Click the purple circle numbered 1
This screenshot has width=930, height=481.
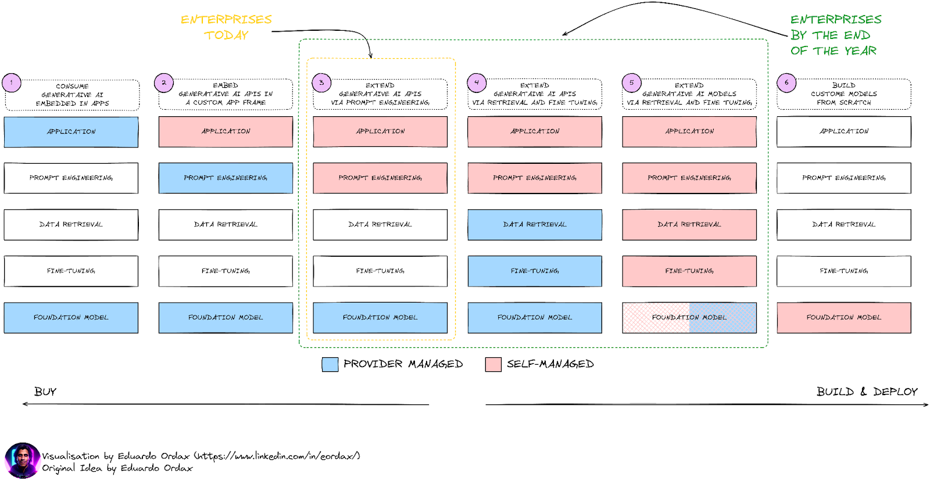pos(11,82)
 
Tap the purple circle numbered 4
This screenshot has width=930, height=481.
pos(477,82)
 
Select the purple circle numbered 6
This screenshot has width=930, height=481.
pos(786,82)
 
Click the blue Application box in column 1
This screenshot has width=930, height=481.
pos(71,132)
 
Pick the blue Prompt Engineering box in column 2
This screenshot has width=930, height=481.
pos(226,178)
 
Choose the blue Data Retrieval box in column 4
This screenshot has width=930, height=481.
pos(535,224)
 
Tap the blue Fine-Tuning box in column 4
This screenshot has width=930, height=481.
pos(535,271)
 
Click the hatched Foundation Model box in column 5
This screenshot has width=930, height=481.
pos(689,318)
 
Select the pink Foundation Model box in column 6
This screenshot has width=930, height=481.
pos(843,318)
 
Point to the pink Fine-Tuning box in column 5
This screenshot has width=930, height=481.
pos(689,271)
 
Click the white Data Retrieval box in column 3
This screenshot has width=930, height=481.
pos(380,224)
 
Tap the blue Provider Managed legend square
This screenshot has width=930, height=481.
pos(330,364)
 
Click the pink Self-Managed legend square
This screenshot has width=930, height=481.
pos(493,364)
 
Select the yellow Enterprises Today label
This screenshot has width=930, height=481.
pos(226,27)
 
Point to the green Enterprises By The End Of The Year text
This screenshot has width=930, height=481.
pos(835,35)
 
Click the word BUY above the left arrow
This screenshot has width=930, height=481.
pos(45,392)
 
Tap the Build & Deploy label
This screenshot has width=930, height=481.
pos(867,392)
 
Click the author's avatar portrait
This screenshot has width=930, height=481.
pos(23,460)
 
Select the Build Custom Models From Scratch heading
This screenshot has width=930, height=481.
pos(843,94)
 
